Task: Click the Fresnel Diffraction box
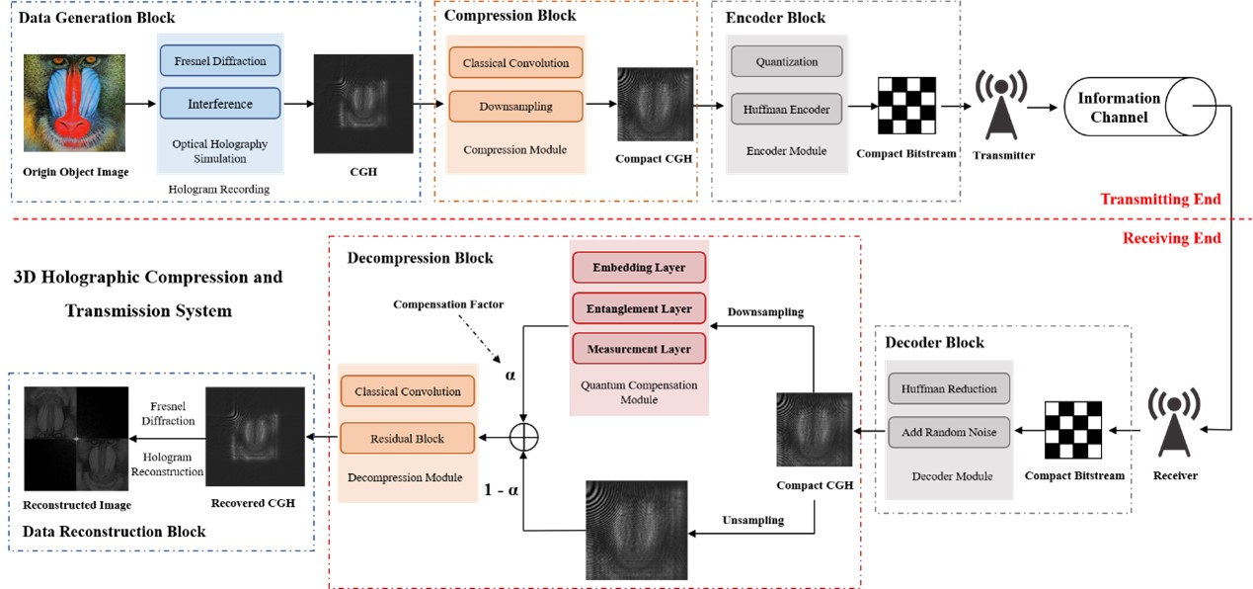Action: tap(220, 61)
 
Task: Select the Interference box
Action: tap(220, 104)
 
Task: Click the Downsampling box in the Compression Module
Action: tap(515, 106)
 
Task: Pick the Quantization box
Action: tap(786, 61)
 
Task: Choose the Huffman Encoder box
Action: tap(786, 109)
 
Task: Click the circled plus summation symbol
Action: tap(522, 435)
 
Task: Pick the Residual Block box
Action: tap(407, 438)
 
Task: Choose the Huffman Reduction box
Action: tap(949, 388)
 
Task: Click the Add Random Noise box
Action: tap(949, 432)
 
